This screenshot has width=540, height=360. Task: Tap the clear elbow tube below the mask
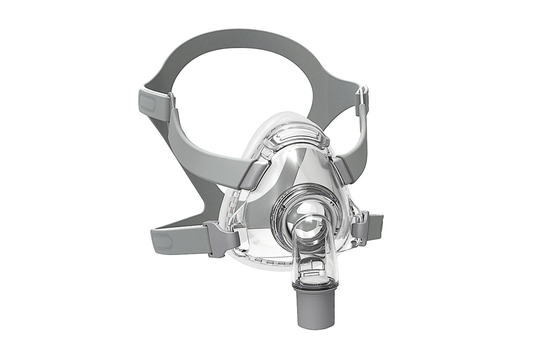tap(310, 252)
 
